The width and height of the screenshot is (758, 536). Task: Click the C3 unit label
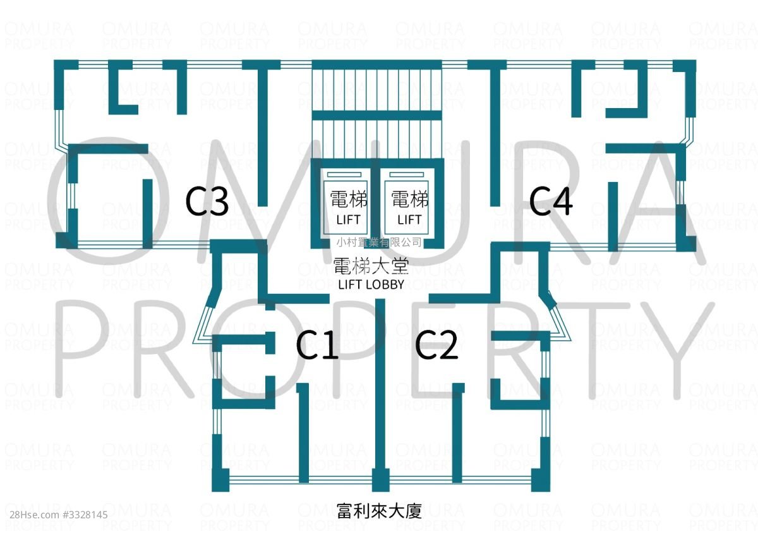[207, 202]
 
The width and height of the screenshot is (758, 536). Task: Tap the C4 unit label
[551, 202]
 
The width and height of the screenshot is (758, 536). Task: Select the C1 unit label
[317, 345]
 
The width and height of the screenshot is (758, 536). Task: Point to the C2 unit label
[436, 345]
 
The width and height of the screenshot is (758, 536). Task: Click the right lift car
[406, 207]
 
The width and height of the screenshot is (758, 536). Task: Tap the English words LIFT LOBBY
[371, 284]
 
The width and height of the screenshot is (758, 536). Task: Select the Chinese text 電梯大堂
[371, 266]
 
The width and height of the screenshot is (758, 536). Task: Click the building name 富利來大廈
[380, 511]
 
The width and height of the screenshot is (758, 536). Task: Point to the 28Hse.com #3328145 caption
[59, 515]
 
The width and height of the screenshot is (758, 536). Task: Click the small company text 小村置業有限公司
[379, 242]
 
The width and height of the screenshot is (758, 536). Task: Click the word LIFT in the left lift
[348, 220]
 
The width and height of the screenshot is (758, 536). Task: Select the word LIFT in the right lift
[409, 220]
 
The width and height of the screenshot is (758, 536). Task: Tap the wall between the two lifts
[375, 203]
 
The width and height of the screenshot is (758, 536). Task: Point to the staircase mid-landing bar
[377, 115]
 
